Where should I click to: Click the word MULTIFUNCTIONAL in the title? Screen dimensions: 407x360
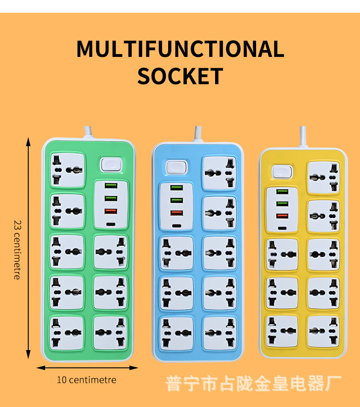(x=180, y=49)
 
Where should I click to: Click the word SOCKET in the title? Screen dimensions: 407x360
(x=180, y=76)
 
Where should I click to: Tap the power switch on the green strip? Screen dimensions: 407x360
(x=108, y=164)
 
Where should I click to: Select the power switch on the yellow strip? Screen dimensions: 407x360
(x=281, y=172)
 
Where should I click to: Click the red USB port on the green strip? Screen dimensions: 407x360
(x=110, y=211)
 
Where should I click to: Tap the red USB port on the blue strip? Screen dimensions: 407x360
(x=176, y=213)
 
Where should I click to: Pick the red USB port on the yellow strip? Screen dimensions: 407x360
(x=282, y=215)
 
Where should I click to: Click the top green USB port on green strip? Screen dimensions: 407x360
(x=110, y=186)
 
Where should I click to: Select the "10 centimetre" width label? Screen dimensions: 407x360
(x=87, y=380)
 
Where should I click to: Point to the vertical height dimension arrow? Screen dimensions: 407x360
(x=28, y=248)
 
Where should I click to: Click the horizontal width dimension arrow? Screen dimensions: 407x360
(x=87, y=367)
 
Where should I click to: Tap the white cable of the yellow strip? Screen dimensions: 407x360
(x=303, y=137)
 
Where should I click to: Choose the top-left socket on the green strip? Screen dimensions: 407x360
(x=67, y=169)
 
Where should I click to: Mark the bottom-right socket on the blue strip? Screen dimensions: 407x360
(x=219, y=333)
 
